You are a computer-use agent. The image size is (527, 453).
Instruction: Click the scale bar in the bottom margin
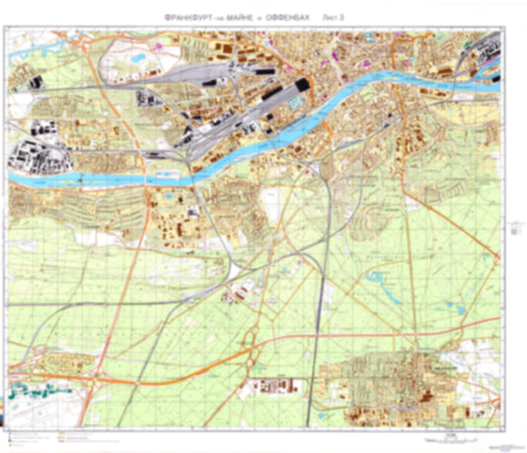[x=451, y=434]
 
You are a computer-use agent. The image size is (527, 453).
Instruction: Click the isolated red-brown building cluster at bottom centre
[x=268, y=387]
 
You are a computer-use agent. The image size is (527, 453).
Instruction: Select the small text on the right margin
[x=516, y=229]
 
